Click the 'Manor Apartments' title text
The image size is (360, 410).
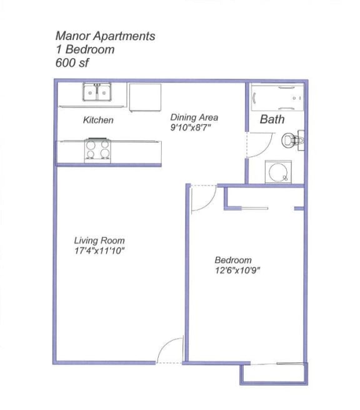click(104, 36)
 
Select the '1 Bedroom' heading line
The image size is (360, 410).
click(84, 49)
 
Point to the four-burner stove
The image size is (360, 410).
click(98, 150)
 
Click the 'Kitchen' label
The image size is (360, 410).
click(98, 120)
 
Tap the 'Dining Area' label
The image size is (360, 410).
click(194, 117)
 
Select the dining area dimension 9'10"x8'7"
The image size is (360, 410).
click(195, 127)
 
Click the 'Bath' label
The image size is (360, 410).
click(272, 119)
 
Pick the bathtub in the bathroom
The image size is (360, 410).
click(276, 99)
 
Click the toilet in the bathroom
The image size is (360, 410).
click(292, 139)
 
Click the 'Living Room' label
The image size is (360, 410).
click(99, 241)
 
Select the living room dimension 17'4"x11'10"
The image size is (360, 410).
click(99, 251)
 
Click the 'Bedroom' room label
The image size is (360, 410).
click(233, 260)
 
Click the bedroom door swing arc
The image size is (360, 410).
click(204, 199)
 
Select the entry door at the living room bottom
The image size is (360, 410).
click(169, 351)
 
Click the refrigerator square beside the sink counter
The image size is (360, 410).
click(145, 97)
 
